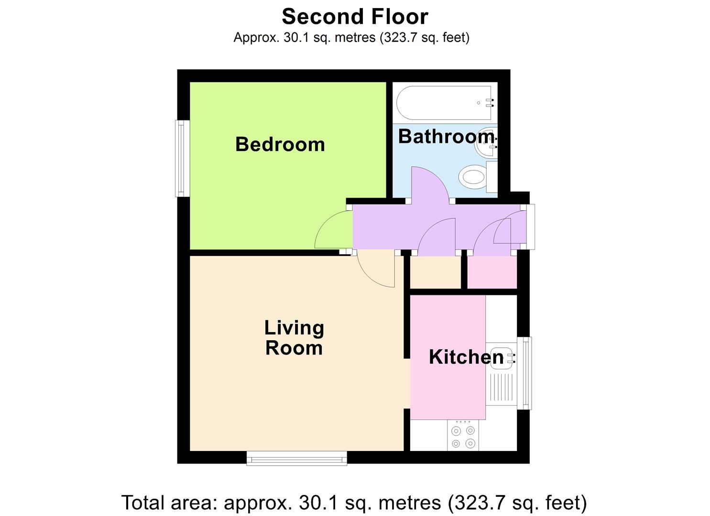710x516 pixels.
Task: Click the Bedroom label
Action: point(280,144)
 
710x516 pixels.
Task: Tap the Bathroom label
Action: point(446,137)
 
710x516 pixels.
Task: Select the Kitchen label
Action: point(466,357)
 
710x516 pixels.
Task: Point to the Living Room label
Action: point(294,338)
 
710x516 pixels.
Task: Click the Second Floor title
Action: point(355,17)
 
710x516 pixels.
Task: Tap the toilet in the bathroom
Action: point(473,177)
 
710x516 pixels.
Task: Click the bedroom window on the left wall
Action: point(181,158)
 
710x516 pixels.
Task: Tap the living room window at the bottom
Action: point(297,460)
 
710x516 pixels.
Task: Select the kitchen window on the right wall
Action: point(526,373)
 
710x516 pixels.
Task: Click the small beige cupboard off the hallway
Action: point(435,272)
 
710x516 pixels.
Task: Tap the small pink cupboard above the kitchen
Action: point(492,272)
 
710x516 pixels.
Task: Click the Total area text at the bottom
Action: point(354,503)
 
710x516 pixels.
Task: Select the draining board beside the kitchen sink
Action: point(501,388)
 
